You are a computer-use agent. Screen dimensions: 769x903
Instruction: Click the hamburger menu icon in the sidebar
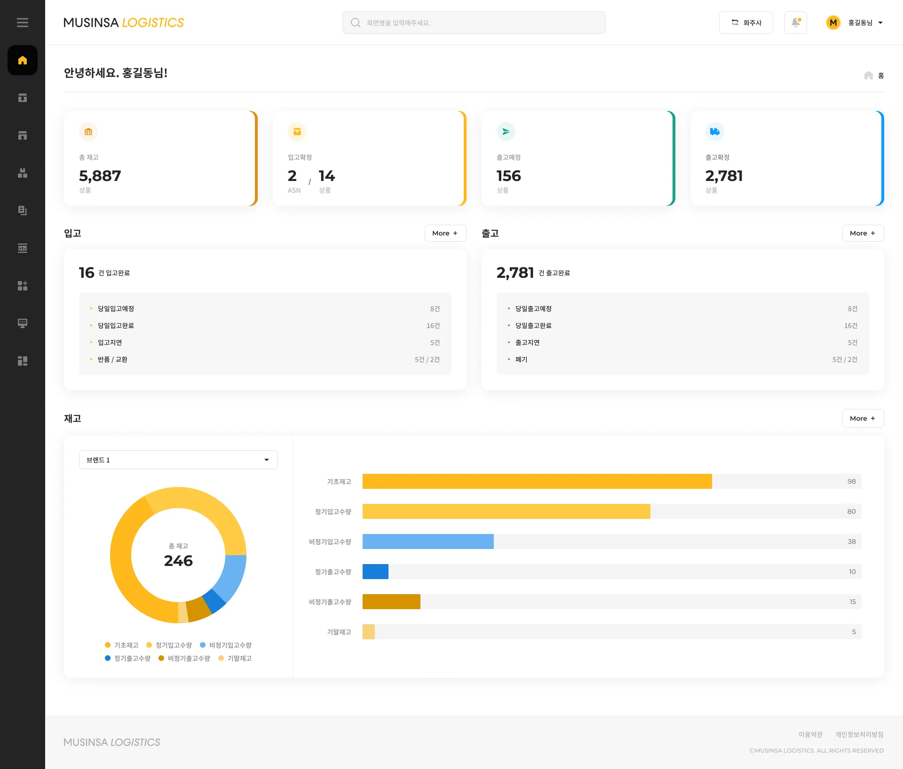23,23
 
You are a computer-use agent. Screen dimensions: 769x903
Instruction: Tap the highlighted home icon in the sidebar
23,60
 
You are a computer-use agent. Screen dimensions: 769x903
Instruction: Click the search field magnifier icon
356,23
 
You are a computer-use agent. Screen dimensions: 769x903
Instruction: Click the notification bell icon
796,23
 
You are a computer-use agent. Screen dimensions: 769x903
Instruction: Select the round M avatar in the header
833,23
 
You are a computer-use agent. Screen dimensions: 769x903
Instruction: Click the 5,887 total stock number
100,176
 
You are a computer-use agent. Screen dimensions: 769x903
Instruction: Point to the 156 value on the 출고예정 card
509,176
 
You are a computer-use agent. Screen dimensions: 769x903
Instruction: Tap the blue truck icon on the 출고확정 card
714,132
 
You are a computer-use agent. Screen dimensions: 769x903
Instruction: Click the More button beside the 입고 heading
445,233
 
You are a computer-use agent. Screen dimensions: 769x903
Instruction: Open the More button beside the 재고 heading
863,418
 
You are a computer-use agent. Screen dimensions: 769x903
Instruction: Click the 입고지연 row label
110,343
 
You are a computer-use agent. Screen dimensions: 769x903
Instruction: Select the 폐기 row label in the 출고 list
521,360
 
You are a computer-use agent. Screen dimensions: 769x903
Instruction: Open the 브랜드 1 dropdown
178,460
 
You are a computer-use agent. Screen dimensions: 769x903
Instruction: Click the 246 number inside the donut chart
178,561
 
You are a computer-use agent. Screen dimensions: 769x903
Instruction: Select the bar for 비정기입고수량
428,541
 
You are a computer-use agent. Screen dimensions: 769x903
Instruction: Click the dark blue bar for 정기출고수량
375,572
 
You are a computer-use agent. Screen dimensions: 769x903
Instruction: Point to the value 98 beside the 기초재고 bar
851,481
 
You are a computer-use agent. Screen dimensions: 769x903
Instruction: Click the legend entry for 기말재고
235,658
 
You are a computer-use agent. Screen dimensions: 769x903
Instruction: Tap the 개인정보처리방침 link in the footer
859,734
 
